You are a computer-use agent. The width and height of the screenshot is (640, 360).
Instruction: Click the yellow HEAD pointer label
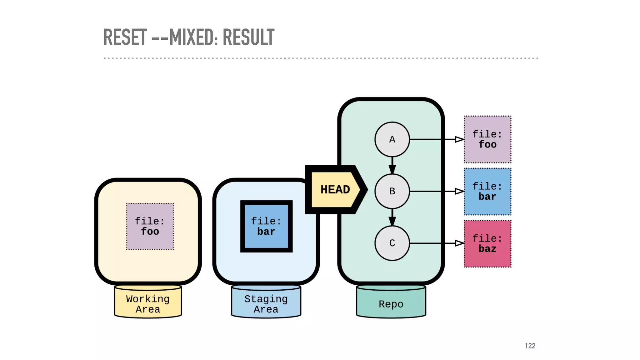pyautogui.click(x=335, y=190)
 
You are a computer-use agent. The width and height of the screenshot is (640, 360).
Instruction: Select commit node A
pyautogui.click(x=392, y=139)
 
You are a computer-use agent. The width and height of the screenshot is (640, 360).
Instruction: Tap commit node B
pyautogui.click(x=392, y=191)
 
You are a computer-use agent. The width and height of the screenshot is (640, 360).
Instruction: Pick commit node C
pyautogui.click(x=392, y=243)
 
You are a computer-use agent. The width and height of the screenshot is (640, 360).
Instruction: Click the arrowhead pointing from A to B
pyautogui.click(x=392, y=169)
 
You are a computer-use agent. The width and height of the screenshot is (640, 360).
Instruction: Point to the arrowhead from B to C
pyautogui.click(x=392, y=221)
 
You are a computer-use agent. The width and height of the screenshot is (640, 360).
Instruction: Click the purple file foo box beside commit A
pyautogui.click(x=487, y=139)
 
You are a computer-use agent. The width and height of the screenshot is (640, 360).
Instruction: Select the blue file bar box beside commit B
pyautogui.click(x=487, y=192)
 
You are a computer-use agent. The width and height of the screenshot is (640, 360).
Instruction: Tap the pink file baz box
pyautogui.click(x=487, y=244)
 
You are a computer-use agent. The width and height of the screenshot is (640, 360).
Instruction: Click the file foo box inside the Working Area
pyautogui.click(x=150, y=227)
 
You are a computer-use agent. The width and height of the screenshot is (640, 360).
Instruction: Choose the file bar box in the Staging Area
pyautogui.click(x=266, y=226)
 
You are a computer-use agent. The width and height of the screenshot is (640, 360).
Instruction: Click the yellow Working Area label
pyautogui.click(x=148, y=304)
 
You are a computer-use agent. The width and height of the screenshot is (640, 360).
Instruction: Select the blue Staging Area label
pyautogui.click(x=266, y=304)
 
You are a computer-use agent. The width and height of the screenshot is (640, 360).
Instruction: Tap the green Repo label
pyautogui.click(x=391, y=304)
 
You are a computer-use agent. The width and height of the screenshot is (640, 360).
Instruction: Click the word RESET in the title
pyautogui.click(x=125, y=37)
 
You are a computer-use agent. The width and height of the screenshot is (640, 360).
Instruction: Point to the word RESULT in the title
pyautogui.click(x=248, y=37)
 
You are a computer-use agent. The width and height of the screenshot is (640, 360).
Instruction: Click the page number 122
pyautogui.click(x=530, y=346)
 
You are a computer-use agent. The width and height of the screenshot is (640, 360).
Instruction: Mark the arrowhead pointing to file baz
pyautogui.click(x=459, y=243)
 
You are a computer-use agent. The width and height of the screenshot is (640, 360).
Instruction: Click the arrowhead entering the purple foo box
pyautogui.click(x=459, y=139)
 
